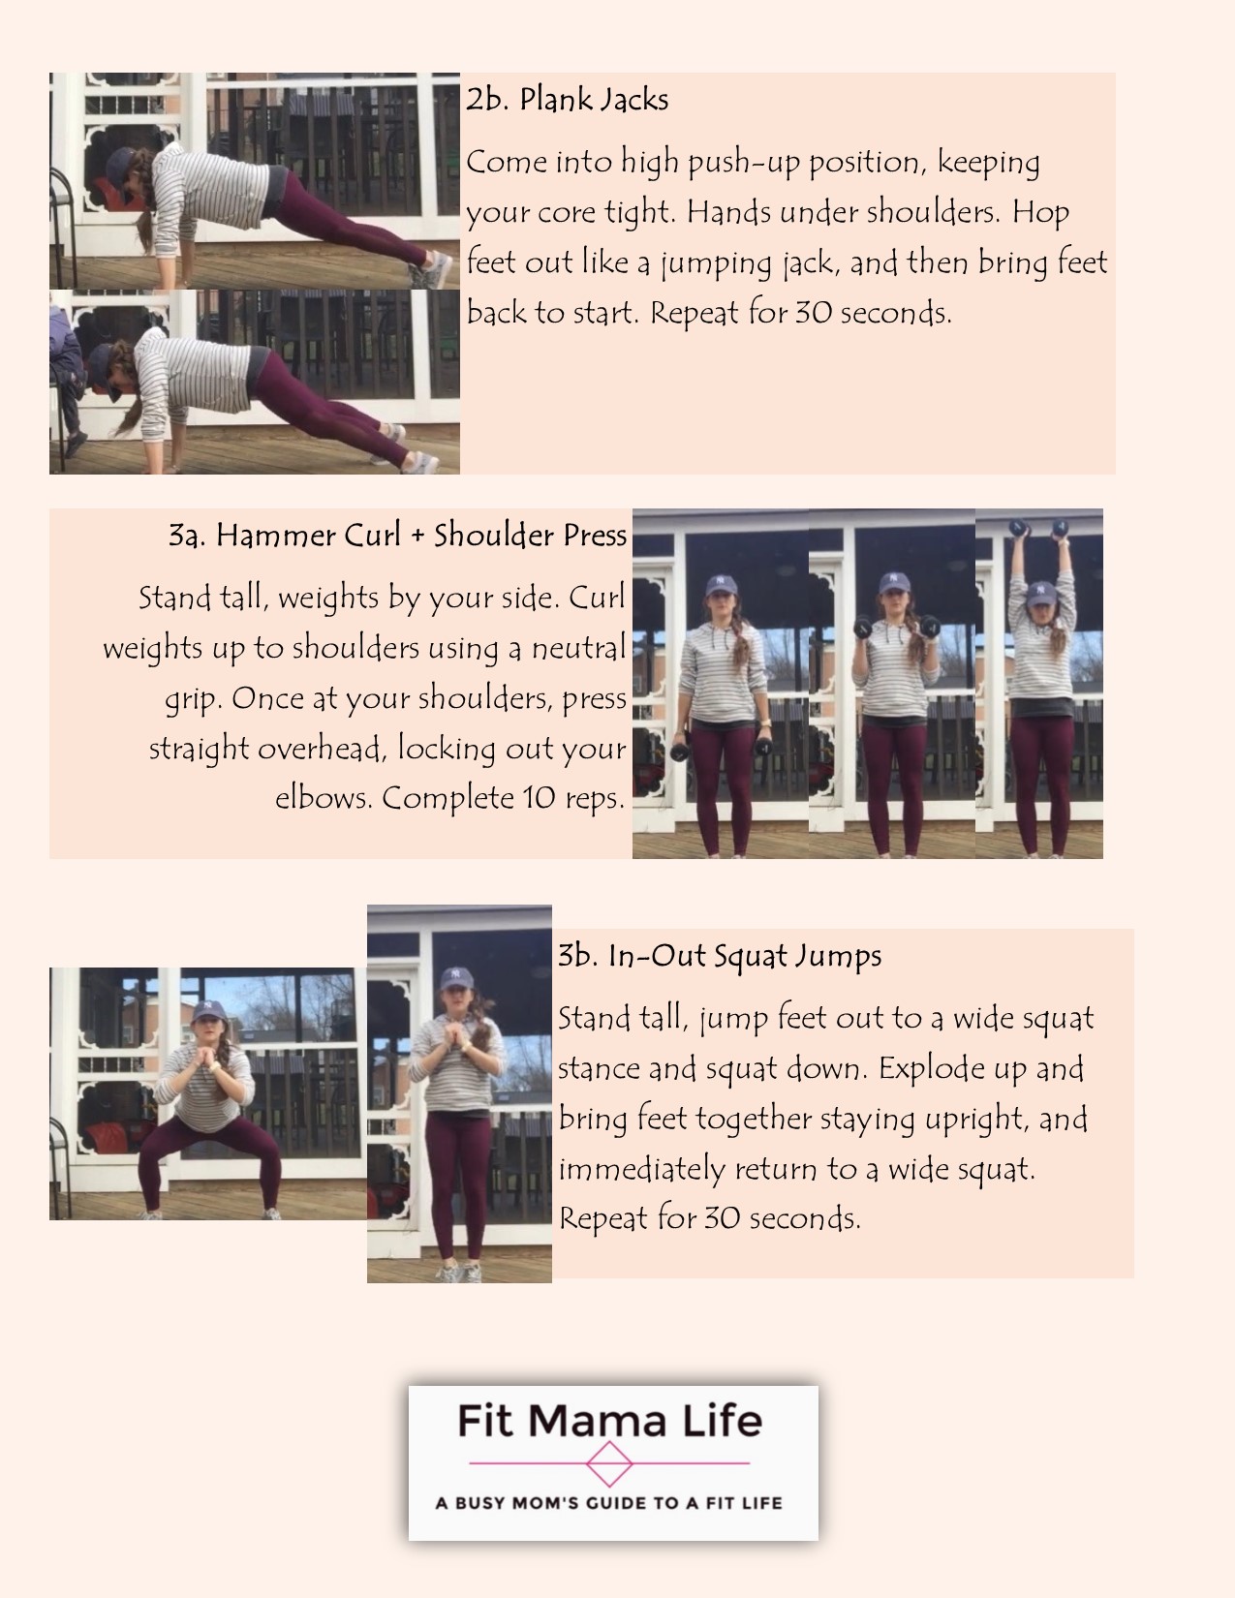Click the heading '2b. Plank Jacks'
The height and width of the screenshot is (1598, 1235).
coord(567,100)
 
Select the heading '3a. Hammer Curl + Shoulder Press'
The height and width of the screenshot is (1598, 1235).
coord(397,536)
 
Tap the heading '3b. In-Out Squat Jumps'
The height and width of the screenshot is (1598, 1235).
coord(720,956)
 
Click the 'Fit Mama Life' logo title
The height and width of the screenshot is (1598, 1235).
coord(609,1421)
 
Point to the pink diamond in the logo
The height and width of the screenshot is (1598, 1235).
coord(609,1463)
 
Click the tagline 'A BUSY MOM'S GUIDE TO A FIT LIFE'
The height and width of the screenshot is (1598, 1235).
coord(609,1503)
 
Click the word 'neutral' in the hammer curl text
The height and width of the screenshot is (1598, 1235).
coord(577,647)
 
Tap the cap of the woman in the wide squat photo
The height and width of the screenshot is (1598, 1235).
coord(209,1012)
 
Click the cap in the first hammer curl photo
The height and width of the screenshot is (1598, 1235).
coord(721,584)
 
